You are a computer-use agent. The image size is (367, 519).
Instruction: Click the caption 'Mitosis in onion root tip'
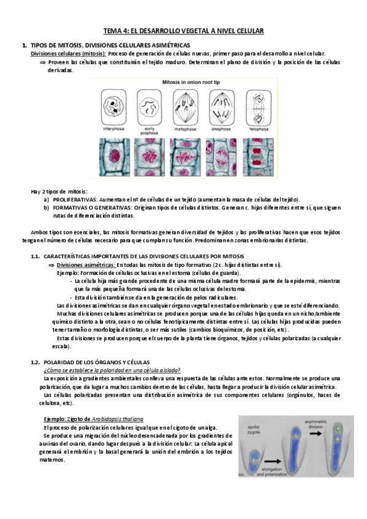(184, 81)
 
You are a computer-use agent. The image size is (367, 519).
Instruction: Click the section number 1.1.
(36, 256)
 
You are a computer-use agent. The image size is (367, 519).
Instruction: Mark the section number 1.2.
(36, 362)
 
